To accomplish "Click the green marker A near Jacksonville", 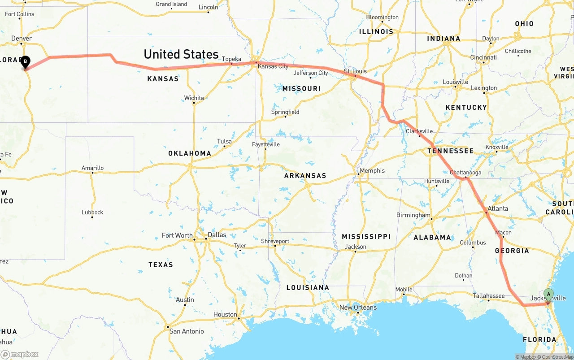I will pos(548,295).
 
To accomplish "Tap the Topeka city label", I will pos(231,59).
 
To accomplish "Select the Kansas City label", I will pos(273,66).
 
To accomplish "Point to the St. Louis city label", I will pos(355,71).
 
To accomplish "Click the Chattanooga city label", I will pos(466,173).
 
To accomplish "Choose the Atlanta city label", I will pos(498,208).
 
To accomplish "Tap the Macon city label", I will pos(503,232).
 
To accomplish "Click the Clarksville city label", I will pos(419,131).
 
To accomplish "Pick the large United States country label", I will pos(181,54).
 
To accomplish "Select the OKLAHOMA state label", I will pos(189,153).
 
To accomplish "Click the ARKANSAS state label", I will pos(305,176).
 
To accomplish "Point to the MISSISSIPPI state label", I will pos(366,236).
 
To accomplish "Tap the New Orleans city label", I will pos(358,307).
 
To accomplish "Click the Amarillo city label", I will pos(92,168).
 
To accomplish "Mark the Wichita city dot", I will pos(194,103).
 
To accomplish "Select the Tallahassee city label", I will pos(489,295).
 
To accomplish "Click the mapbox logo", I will pos(20,354).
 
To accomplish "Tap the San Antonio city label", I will pos(186,331).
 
